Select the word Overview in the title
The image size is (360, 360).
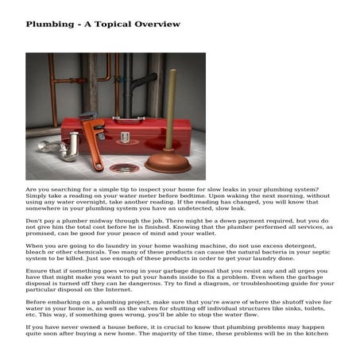tap(156, 25)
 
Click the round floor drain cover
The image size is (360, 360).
tap(122, 168)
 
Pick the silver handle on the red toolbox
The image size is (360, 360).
tap(126, 124)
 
